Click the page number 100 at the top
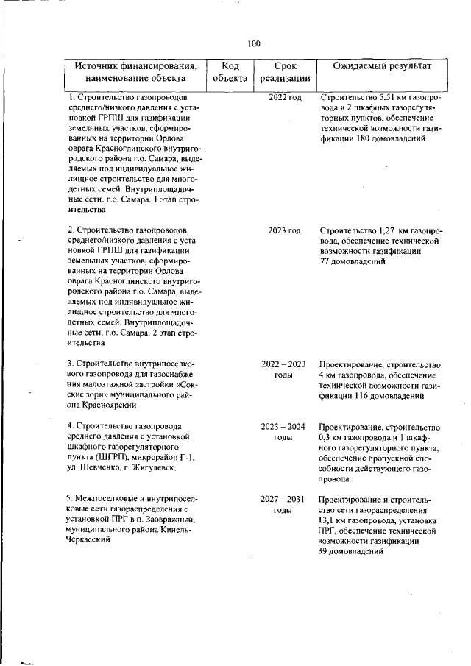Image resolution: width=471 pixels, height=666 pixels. [254, 43]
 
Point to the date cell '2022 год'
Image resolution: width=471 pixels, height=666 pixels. [285, 98]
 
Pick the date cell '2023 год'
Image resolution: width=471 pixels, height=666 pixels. [285, 231]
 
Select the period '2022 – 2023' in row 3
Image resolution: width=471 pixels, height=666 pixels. [283, 364]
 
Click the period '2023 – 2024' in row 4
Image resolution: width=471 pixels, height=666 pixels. [283, 427]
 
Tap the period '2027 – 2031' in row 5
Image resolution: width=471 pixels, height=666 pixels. [283, 499]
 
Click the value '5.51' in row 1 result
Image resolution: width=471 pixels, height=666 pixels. [389, 98]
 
